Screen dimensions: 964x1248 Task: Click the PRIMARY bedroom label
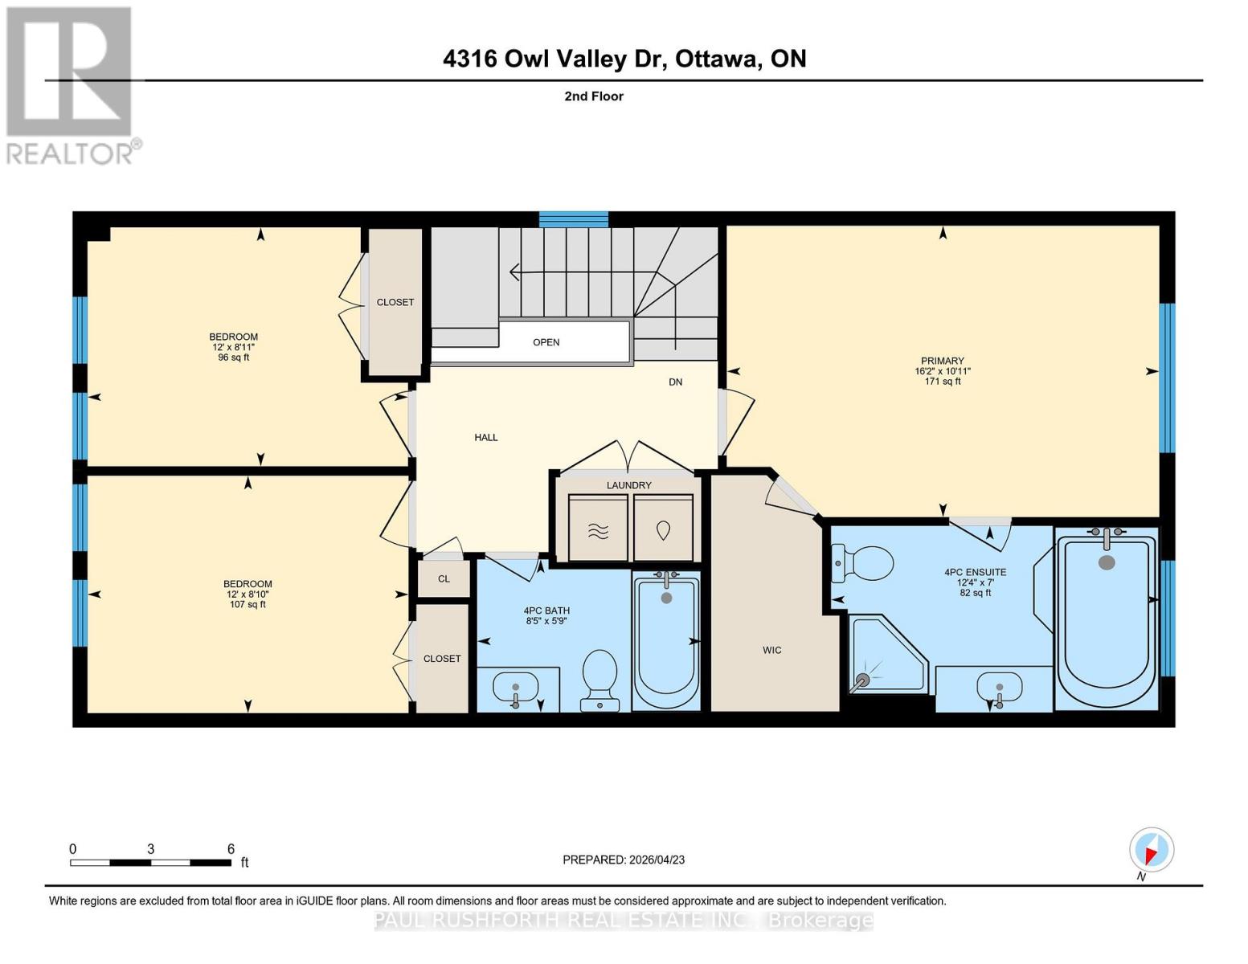(x=943, y=361)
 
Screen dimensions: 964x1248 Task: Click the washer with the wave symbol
(x=598, y=528)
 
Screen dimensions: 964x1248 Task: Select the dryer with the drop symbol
(x=663, y=528)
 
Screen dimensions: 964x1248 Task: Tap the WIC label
(x=771, y=650)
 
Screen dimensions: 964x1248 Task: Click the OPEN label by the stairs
(x=546, y=342)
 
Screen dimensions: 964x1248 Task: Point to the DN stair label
(x=675, y=382)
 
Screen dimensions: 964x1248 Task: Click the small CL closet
(x=444, y=578)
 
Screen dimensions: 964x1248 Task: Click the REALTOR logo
(x=71, y=84)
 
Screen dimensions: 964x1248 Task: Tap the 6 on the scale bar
(x=231, y=849)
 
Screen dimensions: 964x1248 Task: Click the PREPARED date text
(x=624, y=860)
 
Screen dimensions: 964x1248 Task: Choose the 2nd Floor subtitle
(x=594, y=96)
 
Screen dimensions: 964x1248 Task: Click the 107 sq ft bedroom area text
(x=248, y=604)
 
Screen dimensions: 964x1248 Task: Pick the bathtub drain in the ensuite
(x=1107, y=562)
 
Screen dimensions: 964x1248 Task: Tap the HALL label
(x=485, y=438)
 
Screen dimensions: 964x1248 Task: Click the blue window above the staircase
(x=574, y=219)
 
